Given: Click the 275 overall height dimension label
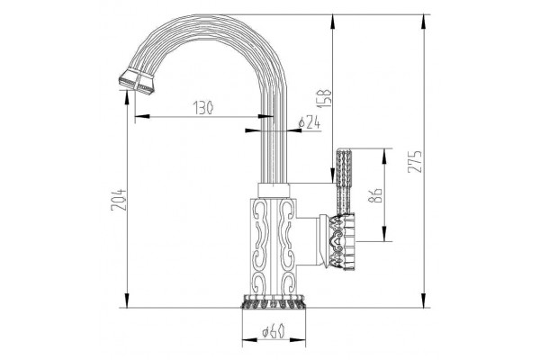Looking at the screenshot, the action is tap(415, 161).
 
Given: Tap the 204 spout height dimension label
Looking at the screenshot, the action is tap(118, 200).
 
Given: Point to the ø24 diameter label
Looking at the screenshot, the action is tap(310, 123).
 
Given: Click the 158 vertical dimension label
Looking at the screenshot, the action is tap(325, 98).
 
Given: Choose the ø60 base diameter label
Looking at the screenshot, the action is tap(274, 332).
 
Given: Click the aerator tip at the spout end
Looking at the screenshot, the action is tap(137, 81).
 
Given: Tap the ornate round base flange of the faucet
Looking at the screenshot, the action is tap(274, 301).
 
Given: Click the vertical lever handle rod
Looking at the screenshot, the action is tap(344, 182).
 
